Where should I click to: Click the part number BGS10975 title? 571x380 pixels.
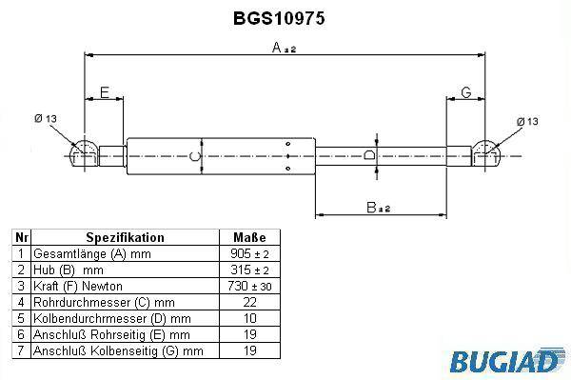pos(279,18)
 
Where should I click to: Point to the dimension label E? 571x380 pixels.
pos(105,92)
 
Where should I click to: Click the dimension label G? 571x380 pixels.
pos(466,92)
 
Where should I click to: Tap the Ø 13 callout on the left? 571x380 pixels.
pos(46,118)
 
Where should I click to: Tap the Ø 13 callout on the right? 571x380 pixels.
pos(527,121)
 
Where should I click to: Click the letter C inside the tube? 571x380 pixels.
pos(195,156)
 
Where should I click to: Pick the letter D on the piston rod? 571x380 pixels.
pos(369,155)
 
